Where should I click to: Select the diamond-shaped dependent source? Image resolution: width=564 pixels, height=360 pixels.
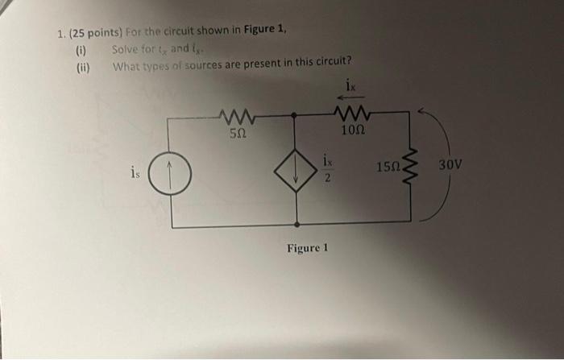pos(297,170)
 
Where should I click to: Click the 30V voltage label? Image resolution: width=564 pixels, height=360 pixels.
pos(452,165)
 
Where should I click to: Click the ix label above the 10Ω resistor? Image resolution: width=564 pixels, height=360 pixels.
pos(350,84)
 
